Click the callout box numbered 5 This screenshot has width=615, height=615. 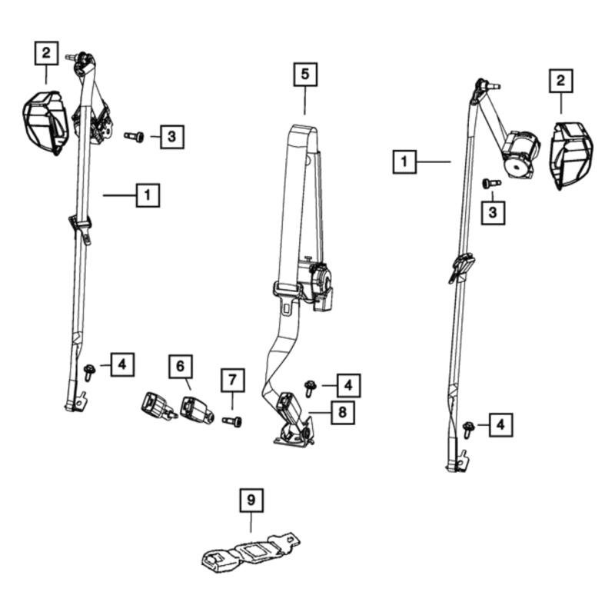click(x=305, y=74)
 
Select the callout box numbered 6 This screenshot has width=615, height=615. click(x=181, y=367)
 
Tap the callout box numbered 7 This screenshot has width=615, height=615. click(x=233, y=380)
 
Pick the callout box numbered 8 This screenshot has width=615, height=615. click(x=343, y=412)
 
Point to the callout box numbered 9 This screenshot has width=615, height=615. click(x=251, y=500)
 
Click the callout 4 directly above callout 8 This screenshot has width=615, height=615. click(x=348, y=386)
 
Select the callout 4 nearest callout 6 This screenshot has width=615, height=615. click(x=122, y=364)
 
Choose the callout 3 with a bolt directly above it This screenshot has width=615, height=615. click(x=493, y=213)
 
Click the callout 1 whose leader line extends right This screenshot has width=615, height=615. click(x=404, y=161)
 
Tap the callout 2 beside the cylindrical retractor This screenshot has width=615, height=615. click(x=561, y=81)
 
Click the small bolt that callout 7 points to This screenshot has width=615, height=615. click(x=232, y=421)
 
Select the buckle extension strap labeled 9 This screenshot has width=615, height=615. click(x=251, y=553)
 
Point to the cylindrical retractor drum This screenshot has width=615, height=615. click(x=520, y=155)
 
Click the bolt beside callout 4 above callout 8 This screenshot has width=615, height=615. click(x=311, y=388)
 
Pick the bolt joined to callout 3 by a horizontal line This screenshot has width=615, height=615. click(x=134, y=137)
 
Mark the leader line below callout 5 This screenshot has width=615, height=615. click(x=305, y=101)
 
